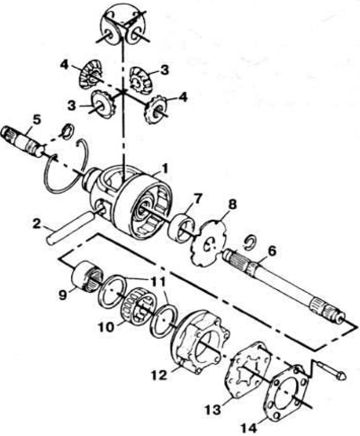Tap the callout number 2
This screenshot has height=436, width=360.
(38, 225)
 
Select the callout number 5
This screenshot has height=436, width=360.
(36, 120)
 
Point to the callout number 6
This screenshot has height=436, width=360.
(272, 251)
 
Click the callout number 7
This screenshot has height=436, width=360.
(198, 198)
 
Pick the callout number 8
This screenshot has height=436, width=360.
(232, 204)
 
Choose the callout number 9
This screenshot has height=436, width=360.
(63, 295)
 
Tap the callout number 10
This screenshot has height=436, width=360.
(106, 327)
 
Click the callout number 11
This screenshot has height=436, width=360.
(157, 281)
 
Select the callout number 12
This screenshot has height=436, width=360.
(159, 375)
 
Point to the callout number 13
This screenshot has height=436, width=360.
(213, 409)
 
